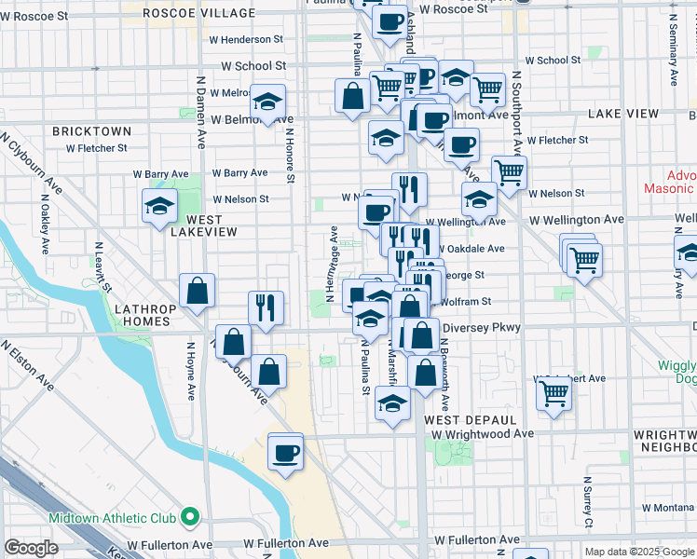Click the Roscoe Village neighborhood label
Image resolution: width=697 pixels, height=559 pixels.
(199, 13)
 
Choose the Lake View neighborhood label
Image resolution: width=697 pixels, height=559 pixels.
(623, 114)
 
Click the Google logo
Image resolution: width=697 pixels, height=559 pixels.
(32, 547)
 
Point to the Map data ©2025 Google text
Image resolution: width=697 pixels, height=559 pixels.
(638, 552)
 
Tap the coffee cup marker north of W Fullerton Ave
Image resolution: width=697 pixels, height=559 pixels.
(285, 453)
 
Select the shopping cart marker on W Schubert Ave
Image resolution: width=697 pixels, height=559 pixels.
(553, 394)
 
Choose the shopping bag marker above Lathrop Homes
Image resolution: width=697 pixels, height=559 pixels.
(198, 292)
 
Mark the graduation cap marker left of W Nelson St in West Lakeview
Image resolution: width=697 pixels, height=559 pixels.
(159, 206)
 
